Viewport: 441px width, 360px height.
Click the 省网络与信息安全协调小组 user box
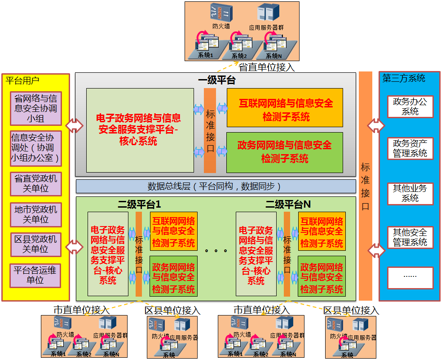[36, 108]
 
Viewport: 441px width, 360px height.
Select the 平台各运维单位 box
[35, 275]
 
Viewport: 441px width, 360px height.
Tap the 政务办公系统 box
[410, 107]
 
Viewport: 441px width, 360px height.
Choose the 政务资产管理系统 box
[410, 148]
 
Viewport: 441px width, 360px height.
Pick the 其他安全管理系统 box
[410, 237]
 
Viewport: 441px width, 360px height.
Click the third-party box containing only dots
[410, 277]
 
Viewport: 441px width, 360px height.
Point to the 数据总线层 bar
[216, 186]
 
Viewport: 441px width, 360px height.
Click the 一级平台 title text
[216, 81]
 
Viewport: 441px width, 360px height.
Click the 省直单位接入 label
[267, 67]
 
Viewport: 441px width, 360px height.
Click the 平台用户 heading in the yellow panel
[22, 81]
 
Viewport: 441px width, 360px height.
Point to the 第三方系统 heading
[404, 78]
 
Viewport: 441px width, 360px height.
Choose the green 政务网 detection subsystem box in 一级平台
[285, 152]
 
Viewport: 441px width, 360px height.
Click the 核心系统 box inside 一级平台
[140, 130]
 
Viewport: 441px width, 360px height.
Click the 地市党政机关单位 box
[36, 214]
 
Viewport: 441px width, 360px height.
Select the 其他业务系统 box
[410, 193]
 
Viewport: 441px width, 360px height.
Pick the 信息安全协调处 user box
[35, 148]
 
